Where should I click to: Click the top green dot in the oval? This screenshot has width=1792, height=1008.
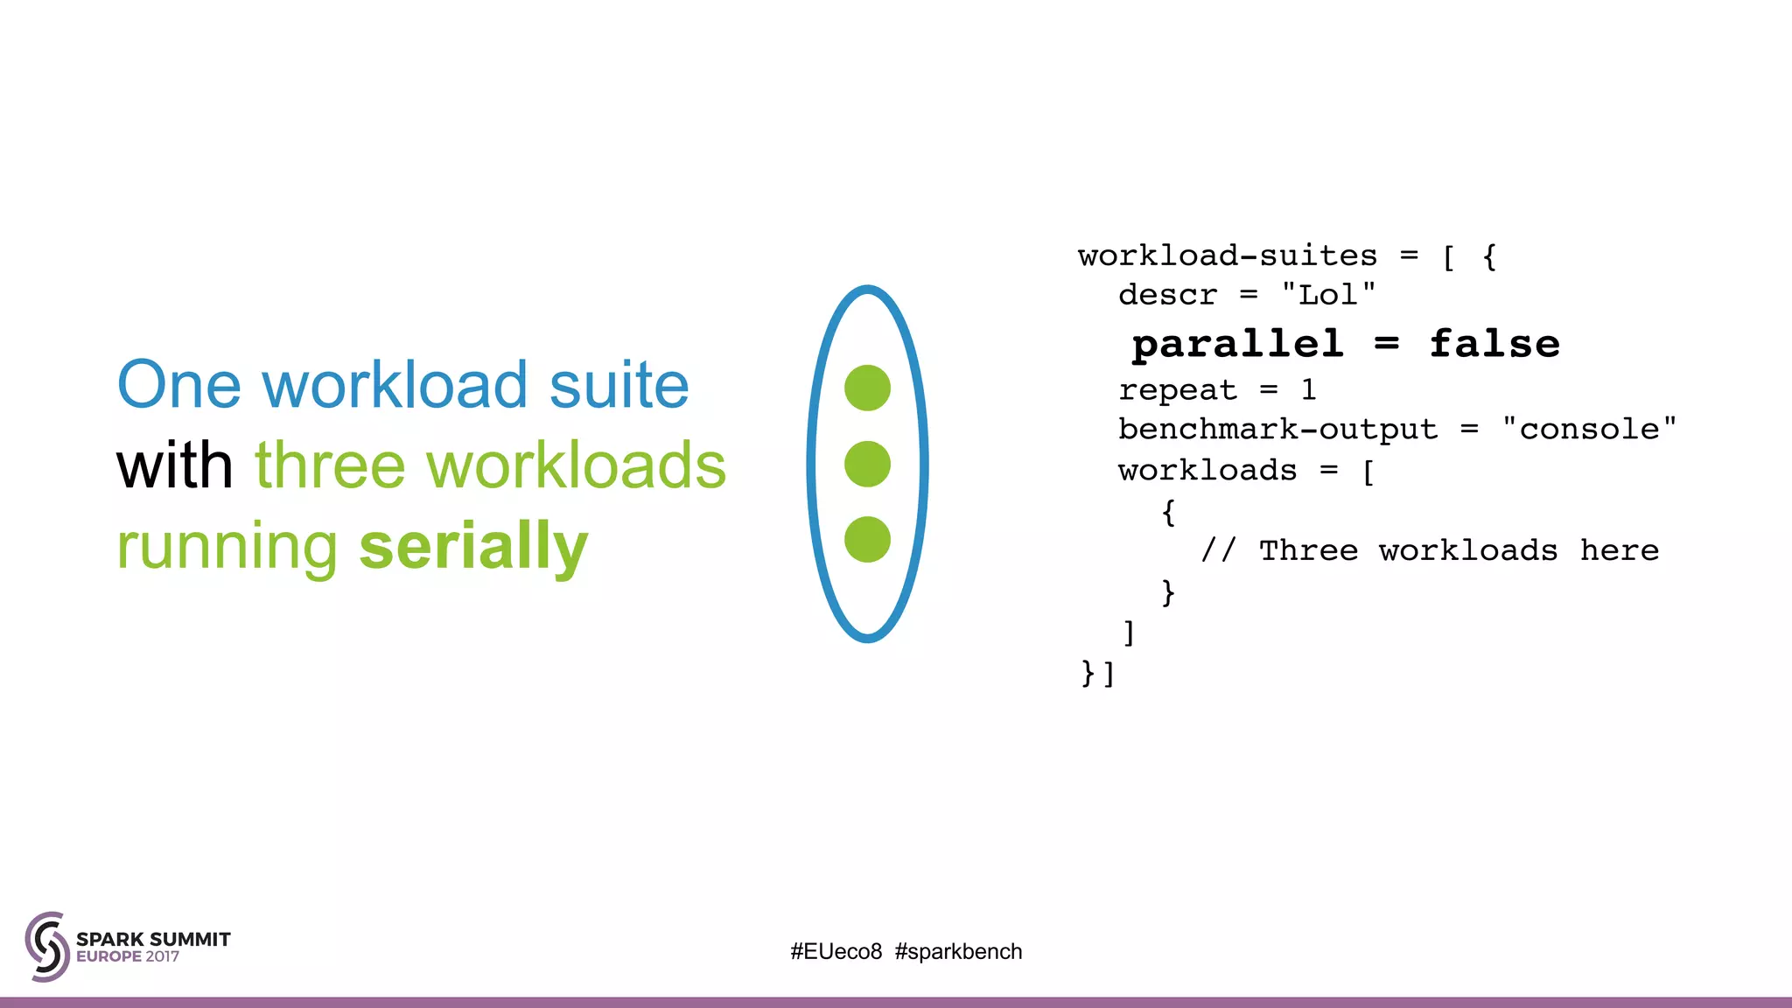(867, 388)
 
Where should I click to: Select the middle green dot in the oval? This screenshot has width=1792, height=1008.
(867, 464)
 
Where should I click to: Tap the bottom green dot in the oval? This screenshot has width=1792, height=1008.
(867, 539)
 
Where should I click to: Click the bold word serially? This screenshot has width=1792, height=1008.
(473, 547)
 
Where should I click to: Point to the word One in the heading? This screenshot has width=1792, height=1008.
(178, 385)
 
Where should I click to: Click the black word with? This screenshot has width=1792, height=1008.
(174, 465)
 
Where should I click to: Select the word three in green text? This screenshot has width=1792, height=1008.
(330, 465)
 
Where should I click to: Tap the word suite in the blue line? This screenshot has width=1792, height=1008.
(619, 385)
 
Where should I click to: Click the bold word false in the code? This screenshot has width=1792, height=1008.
(1494, 344)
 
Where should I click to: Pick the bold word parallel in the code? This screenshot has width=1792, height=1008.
(1237, 344)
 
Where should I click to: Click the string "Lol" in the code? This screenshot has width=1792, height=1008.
(1328, 295)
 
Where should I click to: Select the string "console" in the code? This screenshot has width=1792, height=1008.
(1589, 429)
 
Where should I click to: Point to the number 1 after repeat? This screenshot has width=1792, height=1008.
(1308, 389)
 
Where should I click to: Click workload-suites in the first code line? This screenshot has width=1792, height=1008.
(1228, 255)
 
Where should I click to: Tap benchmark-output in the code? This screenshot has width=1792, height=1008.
(1277, 429)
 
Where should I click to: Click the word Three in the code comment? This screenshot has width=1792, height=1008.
(1308, 550)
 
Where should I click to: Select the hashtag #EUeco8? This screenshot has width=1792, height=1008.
(836, 951)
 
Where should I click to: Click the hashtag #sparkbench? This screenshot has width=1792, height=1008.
(958, 951)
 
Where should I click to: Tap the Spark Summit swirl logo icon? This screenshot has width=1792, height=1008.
(47, 946)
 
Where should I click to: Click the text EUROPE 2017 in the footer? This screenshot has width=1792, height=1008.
(128, 956)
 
